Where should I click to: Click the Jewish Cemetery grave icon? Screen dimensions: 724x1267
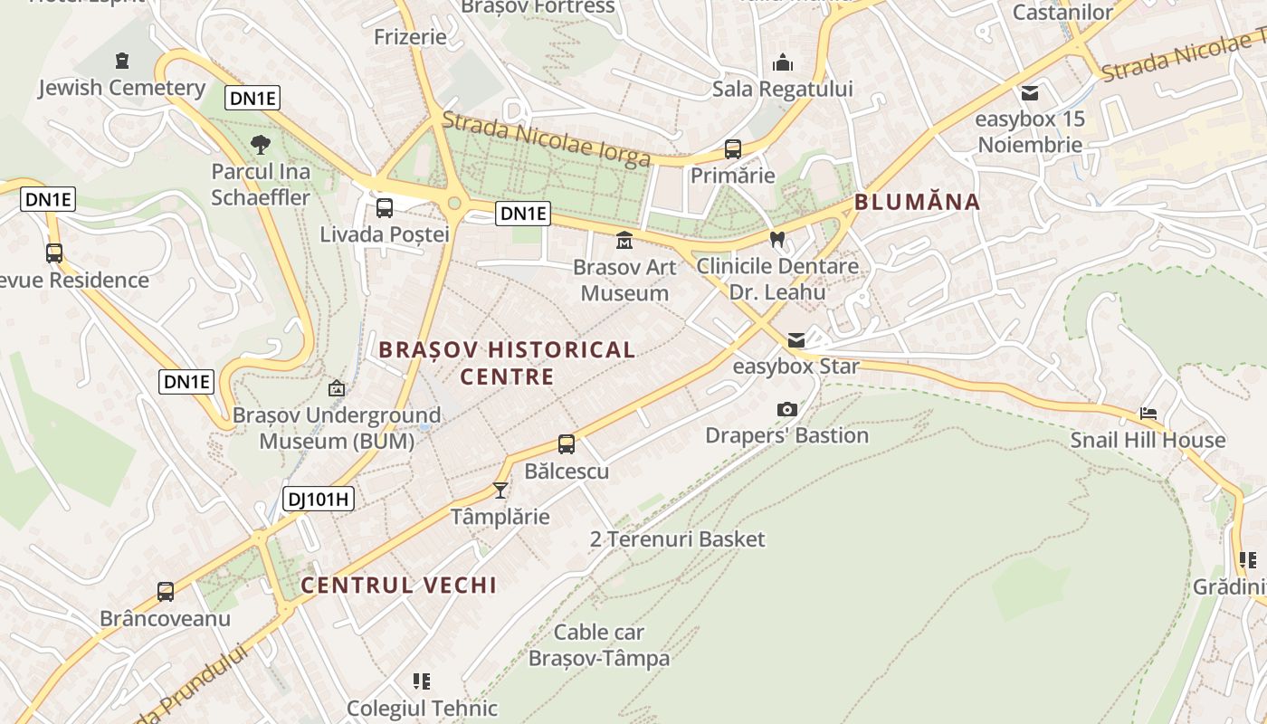[x=122, y=62]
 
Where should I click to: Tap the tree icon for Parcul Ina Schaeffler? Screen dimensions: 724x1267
[x=261, y=144]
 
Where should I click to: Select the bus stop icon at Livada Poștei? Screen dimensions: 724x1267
[x=385, y=208]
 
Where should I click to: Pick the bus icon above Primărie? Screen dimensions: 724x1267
[x=733, y=149]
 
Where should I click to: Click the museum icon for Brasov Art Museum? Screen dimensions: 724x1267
[x=624, y=241]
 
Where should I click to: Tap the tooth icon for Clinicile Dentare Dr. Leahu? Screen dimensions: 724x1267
[x=776, y=240]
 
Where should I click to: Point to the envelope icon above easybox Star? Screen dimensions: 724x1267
[x=795, y=340]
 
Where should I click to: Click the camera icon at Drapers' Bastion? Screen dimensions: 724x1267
[x=787, y=409]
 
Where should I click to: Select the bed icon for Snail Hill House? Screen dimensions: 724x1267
[x=1148, y=414]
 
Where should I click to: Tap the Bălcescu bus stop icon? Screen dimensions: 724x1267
[x=567, y=444]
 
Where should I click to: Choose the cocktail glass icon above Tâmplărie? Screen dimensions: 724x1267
[x=500, y=491]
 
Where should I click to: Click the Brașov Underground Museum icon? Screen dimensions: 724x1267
[x=337, y=388]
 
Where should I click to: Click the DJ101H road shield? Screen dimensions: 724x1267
[x=318, y=498]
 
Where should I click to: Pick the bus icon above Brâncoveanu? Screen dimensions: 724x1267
[x=166, y=592]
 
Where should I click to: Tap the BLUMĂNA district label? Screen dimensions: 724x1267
[x=917, y=202]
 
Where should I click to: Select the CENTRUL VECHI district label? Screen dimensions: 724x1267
[x=398, y=585]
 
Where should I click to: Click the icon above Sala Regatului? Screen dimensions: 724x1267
[x=782, y=62]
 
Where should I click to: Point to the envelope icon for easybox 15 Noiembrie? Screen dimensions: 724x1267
[x=1030, y=92]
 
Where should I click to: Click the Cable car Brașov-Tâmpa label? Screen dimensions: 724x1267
[x=599, y=645]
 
